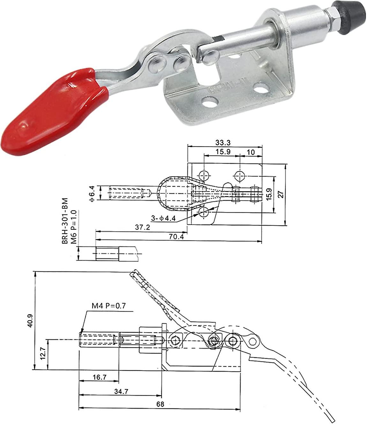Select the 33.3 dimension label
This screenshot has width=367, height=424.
pyautogui.click(x=223, y=142)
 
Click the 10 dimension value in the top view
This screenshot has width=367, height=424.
pyautogui.click(x=251, y=152)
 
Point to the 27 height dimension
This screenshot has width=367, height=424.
pyautogui.click(x=281, y=194)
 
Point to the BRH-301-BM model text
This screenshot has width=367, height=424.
pyautogui.click(x=65, y=221)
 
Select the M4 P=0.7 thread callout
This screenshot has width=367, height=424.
pyautogui.click(x=109, y=306)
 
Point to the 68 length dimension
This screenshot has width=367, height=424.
pyautogui.click(x=160, y=404)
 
